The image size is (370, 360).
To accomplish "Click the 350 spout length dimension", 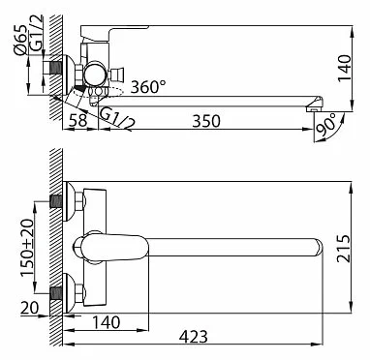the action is click(x=206, y=121).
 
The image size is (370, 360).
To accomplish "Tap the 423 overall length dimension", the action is click(x=194, y=337).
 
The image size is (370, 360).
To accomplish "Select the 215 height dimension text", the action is click(x=343, y=249).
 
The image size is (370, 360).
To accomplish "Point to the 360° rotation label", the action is click(x=148, y=86).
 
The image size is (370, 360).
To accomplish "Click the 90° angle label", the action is click(x=326, y=124).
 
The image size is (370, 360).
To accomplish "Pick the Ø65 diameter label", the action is click(x=21, y=40).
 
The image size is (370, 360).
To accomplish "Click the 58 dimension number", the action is click(x=78, y=121).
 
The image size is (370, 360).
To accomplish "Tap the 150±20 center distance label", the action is click(x=27, y=248).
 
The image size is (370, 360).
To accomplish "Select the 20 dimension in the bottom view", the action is click(x=30, y=308).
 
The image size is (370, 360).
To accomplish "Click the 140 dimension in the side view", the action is click(x=344, y=69).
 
